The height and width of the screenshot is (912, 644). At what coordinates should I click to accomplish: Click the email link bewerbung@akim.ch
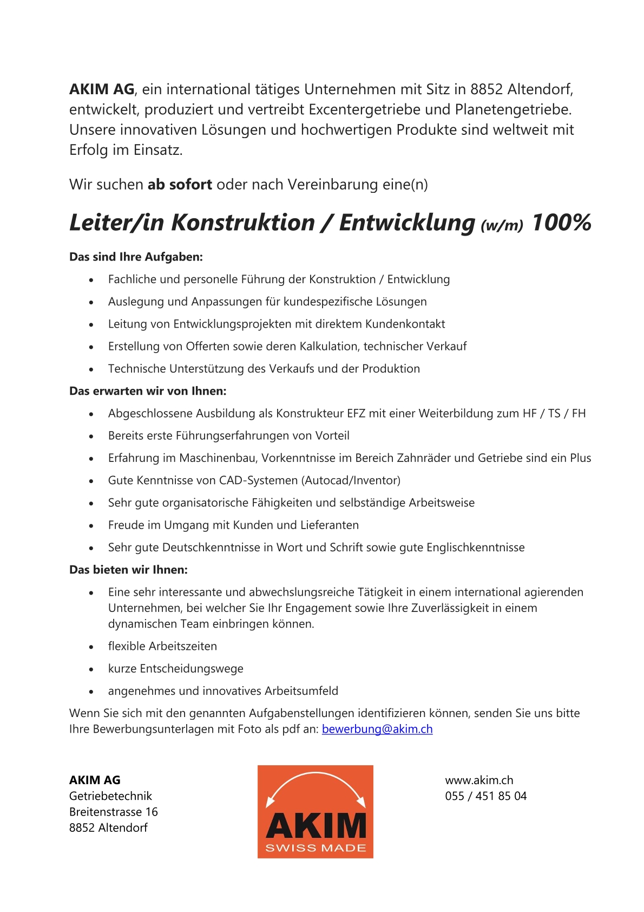[x=377, y=729]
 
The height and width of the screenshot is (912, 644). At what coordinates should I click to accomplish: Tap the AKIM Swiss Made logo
[x=315, y=811]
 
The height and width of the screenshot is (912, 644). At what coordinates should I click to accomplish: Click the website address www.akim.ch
[x=479, y=780]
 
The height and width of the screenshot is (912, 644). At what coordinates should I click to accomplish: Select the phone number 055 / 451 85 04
[x=485, y=796]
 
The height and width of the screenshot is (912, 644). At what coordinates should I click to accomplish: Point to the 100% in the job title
[x=561, y=223]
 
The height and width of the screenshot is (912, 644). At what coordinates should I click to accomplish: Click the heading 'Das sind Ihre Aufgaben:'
[x=136, y=257]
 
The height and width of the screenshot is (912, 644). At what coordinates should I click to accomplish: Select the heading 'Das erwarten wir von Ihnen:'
[x=148, y=390]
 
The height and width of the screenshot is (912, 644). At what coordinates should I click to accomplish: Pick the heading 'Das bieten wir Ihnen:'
[x=128, y=569]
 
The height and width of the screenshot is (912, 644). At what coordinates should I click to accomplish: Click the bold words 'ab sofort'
[x=180, y=184]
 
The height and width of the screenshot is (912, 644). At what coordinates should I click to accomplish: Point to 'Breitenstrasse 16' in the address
[x=114, y=811]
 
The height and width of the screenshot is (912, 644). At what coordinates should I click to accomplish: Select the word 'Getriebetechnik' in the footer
[x=110, y=796]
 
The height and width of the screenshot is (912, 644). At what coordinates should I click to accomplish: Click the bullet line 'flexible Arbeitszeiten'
[x=162, y=646]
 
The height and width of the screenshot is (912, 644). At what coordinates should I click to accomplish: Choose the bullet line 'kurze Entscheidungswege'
[x=175, y=668]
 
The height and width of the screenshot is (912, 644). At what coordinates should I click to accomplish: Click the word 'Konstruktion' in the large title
[x=243, y=223]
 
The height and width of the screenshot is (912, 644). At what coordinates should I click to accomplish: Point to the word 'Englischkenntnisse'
[x=475, y=547]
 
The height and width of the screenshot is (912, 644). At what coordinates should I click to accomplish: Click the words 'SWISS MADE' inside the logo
[x=316, y=848]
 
